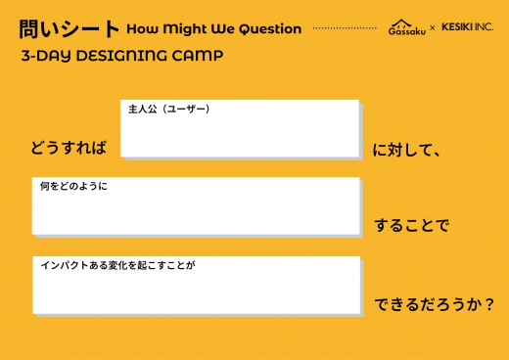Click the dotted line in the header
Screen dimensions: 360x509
point(343,28)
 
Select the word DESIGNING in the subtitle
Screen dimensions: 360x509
point(116,56)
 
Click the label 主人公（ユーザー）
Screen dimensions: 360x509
point(168,109)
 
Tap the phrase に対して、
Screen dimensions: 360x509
point(409,150)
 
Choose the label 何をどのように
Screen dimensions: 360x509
point(73,186)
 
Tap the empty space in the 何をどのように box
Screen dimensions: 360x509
point(196,212)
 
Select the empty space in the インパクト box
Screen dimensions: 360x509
point(196,292)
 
